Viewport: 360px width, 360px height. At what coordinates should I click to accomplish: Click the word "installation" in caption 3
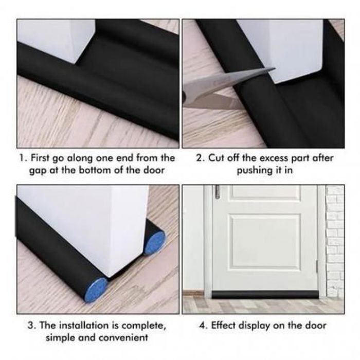point(84,326)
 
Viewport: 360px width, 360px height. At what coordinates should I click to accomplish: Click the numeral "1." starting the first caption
point(24,158)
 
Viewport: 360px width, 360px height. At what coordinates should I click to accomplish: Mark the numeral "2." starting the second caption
point(202,158)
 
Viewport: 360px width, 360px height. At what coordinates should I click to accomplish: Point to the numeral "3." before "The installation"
point(32,326)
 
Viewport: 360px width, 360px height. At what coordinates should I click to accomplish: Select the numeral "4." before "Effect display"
point(204,326)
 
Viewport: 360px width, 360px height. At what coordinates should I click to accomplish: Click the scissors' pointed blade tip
point(275,68)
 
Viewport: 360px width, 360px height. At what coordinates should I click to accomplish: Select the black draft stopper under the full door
point(266,295)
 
